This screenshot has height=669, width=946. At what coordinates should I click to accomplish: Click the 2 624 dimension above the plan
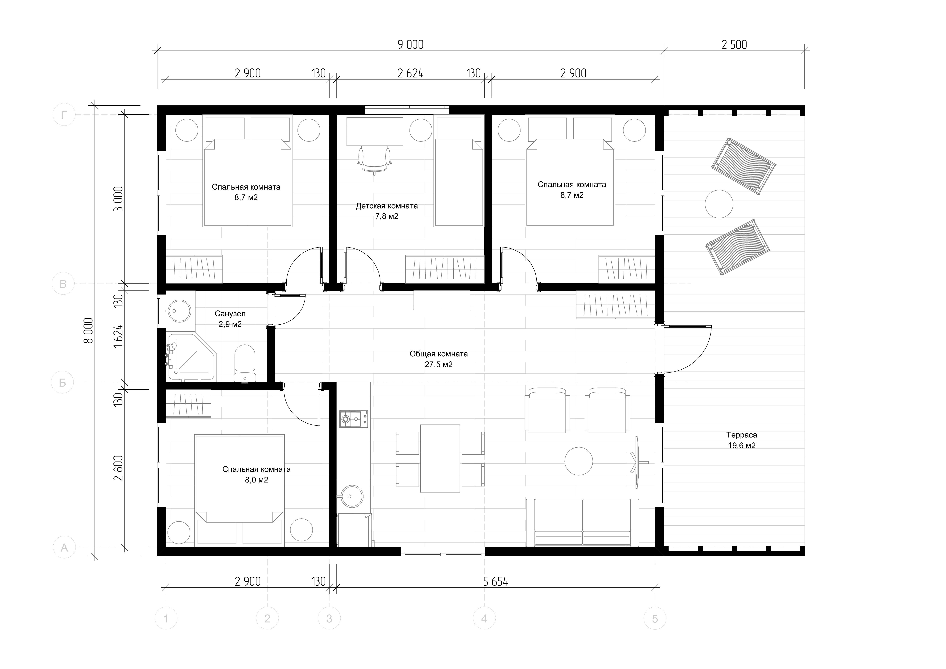[x=410, y=73]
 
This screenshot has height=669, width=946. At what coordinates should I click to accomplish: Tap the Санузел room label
[x=230, y=314]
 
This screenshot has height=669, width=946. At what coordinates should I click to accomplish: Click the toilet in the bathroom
[x=245, y=363]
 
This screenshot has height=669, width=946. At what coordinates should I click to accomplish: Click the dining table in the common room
[x=440, y=458]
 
